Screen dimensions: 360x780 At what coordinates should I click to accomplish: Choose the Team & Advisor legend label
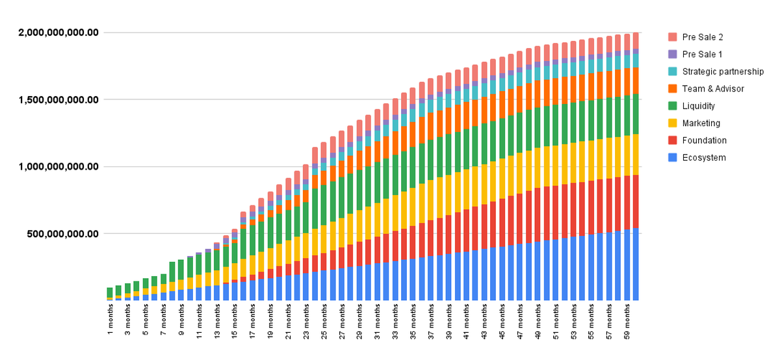click(713, 88)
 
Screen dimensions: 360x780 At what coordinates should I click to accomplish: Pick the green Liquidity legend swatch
click(672, 106)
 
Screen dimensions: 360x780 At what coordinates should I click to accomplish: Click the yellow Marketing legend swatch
click(672, 123)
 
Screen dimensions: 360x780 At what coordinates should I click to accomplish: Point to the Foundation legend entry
click(705, 140)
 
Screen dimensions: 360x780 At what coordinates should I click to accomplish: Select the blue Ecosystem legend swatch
click(672, 158)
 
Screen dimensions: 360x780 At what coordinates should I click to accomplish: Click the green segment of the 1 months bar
click(110, 292)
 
